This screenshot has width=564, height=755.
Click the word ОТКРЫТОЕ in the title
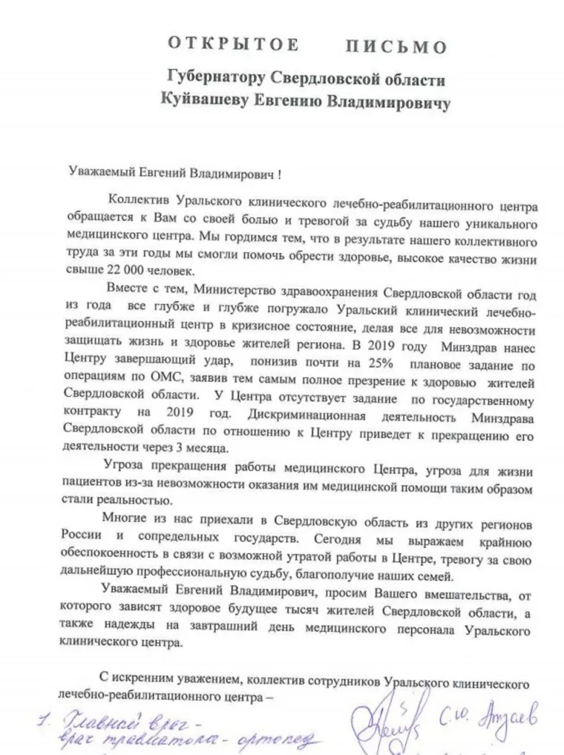233,45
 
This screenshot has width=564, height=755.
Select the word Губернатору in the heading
211,78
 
